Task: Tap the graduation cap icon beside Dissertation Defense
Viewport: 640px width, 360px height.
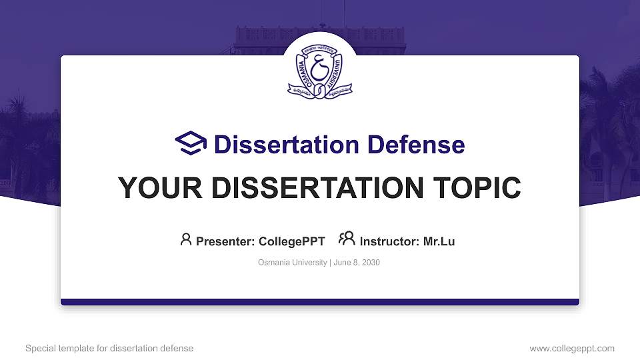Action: click(x=191, y=144)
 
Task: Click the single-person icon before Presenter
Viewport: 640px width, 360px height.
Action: click(x=186, y=240)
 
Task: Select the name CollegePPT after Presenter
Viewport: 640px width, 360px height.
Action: click(x=291, y=241)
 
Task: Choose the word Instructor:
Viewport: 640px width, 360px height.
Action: click(x=390, y=241)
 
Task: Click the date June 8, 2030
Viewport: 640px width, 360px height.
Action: click(x=357, y=263)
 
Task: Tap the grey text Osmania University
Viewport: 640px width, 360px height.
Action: click(x=292, y=263)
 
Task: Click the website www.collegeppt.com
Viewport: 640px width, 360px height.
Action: click(x=571, y=348)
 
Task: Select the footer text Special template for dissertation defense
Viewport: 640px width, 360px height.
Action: click(x=109, y=348)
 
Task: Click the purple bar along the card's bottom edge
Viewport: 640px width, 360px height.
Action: click(x=319, y=302)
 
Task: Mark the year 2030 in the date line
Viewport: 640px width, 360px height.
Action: click(x=371, y=263)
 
